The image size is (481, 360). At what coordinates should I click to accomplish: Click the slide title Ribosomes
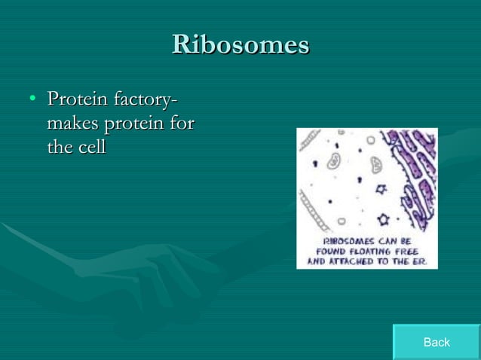tap(240, 44)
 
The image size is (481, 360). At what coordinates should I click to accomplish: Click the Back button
tap(436, 342)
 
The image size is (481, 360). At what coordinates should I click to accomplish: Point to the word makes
tap(74, 124)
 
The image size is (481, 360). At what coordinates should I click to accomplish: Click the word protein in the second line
tap(136, 124)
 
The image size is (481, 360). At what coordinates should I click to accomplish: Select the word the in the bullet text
tap(60, 148)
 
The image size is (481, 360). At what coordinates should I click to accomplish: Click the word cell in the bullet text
tap(92, 148)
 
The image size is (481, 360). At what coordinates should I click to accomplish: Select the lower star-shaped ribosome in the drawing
tap(382, 220)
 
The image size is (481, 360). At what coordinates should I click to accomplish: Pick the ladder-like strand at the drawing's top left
tap(309, 139)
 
